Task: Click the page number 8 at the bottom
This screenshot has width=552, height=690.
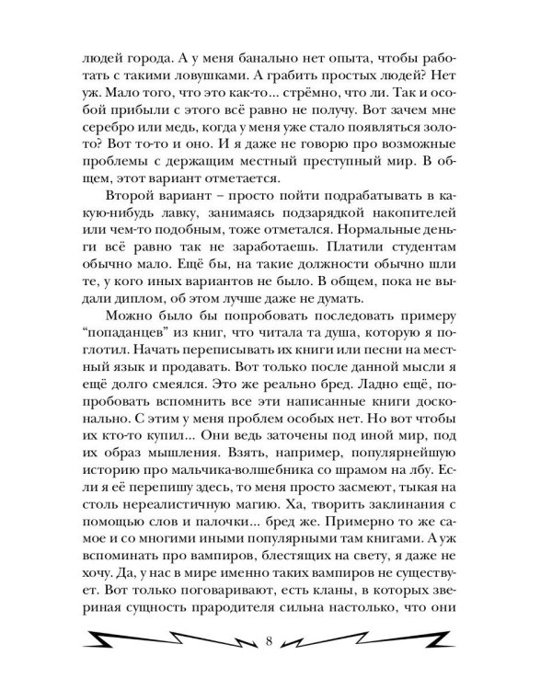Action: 269,637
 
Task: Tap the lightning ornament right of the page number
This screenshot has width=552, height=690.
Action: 385,637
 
